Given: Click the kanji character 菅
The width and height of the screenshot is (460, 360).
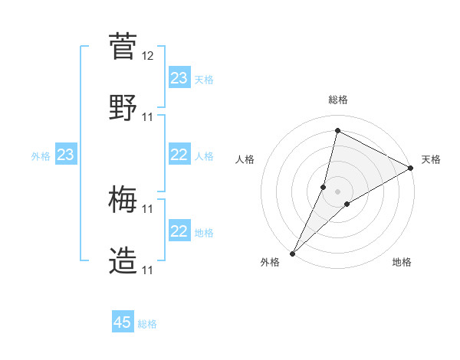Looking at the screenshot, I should click(x=123, y=47).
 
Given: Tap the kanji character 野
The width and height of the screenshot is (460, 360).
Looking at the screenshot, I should click(x=123, y=106).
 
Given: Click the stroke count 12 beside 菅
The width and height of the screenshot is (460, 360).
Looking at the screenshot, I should click(x=148, y=56).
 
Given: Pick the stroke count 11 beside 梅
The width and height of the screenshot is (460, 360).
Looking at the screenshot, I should click(x=148, y=209).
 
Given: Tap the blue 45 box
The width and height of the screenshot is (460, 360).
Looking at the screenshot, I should click(x=123, y=322).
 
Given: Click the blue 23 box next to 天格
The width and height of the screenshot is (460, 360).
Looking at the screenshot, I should click(x=179, y=78).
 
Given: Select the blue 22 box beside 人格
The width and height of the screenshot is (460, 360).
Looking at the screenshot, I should click(x=179, y=155).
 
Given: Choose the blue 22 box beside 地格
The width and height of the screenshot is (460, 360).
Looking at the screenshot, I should click(x=179, y=231).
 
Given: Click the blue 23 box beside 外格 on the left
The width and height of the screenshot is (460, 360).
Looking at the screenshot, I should click(x=66, y=155).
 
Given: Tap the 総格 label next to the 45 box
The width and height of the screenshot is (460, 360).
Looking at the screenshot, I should click(x=147, y=324).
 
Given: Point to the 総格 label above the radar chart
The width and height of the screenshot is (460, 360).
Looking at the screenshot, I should click(x=338, y=100).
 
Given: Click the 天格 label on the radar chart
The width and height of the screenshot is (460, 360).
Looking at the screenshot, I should click(x=432, y=159).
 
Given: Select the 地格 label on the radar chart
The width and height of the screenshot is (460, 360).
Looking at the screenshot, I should click(x=402, y=263).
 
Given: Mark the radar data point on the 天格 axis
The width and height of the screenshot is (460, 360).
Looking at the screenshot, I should click(x=411, y=168).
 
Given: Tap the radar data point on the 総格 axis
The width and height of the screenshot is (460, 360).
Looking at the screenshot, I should click(x=337, y=131).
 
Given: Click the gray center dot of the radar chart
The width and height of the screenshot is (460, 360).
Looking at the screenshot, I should click(x=337, y=191).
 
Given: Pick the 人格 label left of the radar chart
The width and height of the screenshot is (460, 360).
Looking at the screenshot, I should click(x=245, y=159).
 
